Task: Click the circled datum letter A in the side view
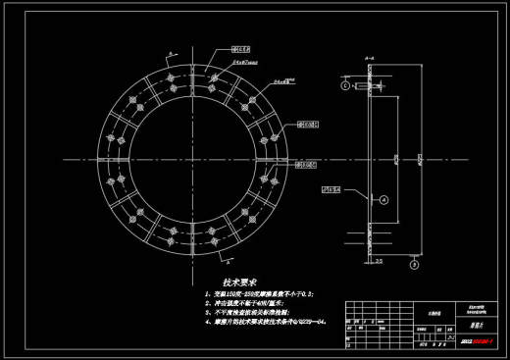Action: point(384,199)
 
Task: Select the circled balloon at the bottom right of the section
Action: point(414,263)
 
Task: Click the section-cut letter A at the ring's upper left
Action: point(170,50)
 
